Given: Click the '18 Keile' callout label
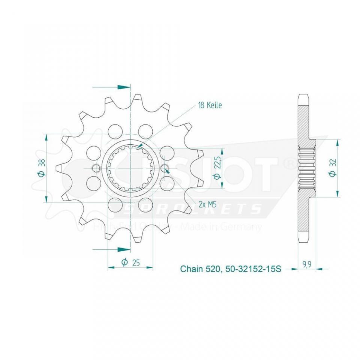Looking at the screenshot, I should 210,105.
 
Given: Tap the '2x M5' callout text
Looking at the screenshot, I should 207,204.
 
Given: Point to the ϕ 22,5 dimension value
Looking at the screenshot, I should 216,168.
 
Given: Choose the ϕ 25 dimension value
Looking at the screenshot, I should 130,262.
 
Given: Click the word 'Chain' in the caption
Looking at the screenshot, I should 192,269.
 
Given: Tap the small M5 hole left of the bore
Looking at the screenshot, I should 96,168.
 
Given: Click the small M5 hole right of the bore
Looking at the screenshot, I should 165,168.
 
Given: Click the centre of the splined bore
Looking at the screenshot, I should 130,168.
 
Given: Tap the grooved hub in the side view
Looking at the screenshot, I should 307,168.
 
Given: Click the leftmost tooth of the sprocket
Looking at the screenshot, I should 59,168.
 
